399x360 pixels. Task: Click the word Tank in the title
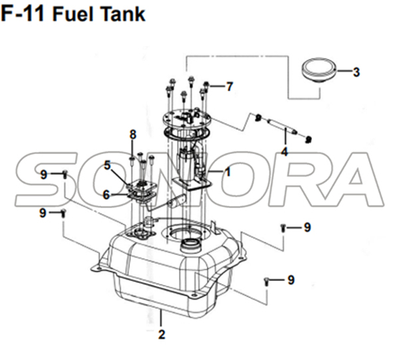[x=124, y=14]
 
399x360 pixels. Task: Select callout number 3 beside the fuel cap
[x=356, y=72]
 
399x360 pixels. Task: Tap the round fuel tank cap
[x=319, y=70]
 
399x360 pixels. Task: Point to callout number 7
[x=229, y=87]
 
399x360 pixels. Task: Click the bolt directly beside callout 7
[x=206, y=87]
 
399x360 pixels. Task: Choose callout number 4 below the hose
[x=284, y=152]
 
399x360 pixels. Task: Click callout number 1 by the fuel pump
[x=227, y=172]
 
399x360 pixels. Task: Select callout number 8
[x=133, y=134]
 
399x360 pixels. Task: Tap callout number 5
[x=107, y=165]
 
